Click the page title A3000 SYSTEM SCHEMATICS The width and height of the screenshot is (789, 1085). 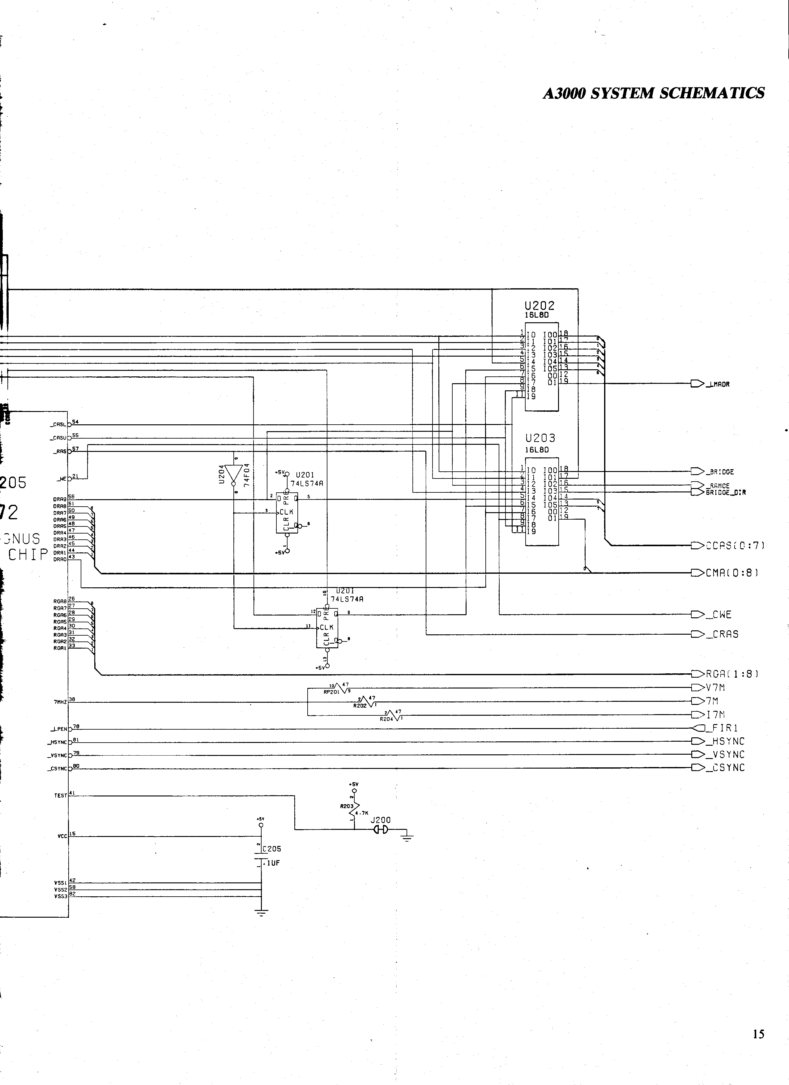coord(653,93)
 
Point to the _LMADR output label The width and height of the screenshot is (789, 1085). coord(718,384)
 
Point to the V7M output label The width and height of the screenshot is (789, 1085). coord(715,688)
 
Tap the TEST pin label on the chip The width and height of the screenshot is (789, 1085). coord(60,796)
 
